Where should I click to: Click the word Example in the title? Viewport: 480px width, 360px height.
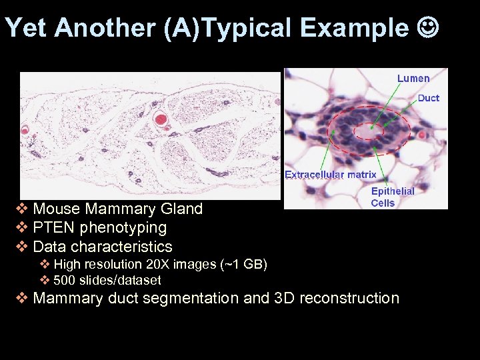coord(353,28)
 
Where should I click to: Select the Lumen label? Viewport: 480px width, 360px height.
coord(413,79)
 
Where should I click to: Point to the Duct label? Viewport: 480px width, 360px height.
coord(428,98)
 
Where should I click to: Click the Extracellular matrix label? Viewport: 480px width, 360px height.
coord(330,175)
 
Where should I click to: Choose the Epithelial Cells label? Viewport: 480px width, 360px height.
coord(392,197)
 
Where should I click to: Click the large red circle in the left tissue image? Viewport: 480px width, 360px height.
coord(161,120)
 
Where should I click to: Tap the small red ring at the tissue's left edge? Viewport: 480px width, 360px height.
coord(26,129)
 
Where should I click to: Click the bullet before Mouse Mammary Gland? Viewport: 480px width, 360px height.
coord(22,209)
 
